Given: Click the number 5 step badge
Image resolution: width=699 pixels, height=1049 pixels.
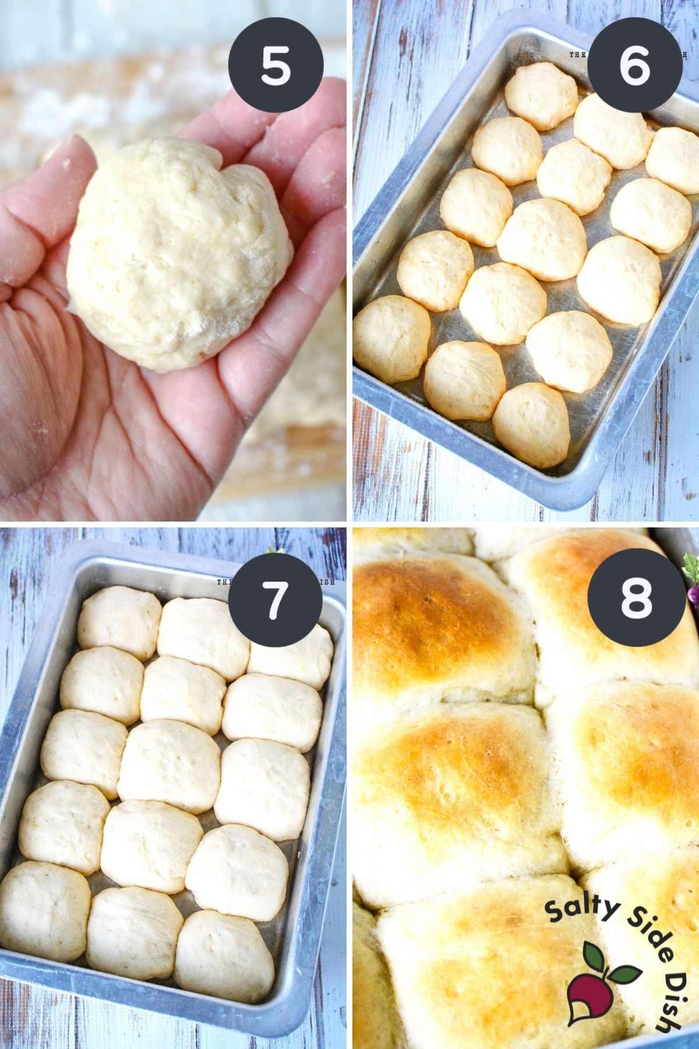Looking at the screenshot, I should click(x=276, y=65).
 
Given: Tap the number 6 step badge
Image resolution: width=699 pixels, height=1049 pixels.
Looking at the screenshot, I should click(x=634, y=65).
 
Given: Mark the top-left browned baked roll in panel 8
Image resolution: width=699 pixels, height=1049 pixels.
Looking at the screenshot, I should click(x=431, y=618).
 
